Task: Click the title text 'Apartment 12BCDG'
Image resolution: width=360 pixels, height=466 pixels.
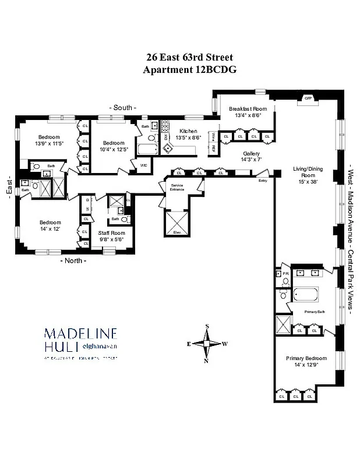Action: pos(189,69)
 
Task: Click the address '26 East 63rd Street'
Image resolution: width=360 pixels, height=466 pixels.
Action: pos(189,58)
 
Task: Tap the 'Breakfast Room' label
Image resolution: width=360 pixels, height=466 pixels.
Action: pos(248,109)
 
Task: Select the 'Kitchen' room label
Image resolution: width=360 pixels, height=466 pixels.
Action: pos(188,131)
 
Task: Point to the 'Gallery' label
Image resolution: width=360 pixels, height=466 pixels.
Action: pos(251,154)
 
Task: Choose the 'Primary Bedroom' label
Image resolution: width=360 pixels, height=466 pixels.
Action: pos(306,358)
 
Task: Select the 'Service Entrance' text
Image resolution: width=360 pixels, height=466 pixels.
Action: pos(177,187)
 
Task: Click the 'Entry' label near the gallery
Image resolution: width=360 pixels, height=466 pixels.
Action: pos(263,180)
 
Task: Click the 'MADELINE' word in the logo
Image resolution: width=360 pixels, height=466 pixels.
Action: pos(81,334)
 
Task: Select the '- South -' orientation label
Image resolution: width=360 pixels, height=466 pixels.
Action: pos(123,108)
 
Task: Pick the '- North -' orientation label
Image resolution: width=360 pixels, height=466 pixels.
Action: pos(73,260)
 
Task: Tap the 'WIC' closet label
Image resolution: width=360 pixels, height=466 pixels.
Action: pos(143,165)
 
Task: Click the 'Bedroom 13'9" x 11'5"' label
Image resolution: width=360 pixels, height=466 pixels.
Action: pos(49,140)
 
